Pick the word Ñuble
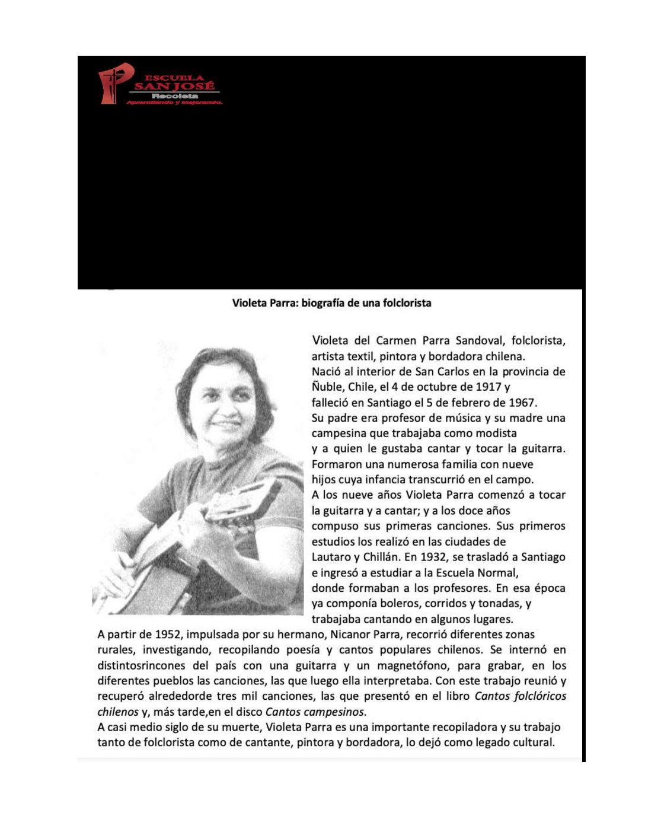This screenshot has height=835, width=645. click(x=327, y=387)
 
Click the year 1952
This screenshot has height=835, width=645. click(x=168, y=635)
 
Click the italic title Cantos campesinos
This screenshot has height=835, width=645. click(x=315, y=712)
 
